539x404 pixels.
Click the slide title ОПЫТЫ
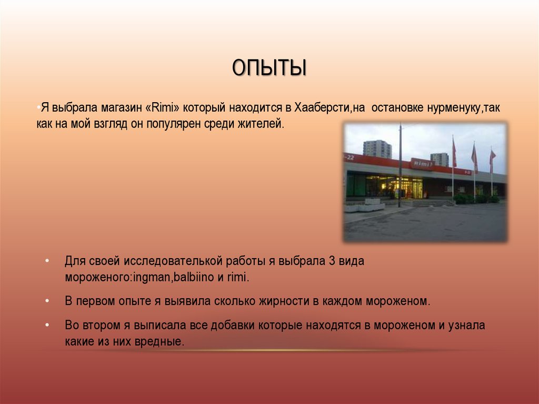pos(269,68)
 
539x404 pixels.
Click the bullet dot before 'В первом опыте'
pos(47,301)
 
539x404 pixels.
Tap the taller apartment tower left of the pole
pos(377,149)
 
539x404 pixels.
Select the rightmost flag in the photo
pos(492,156)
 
